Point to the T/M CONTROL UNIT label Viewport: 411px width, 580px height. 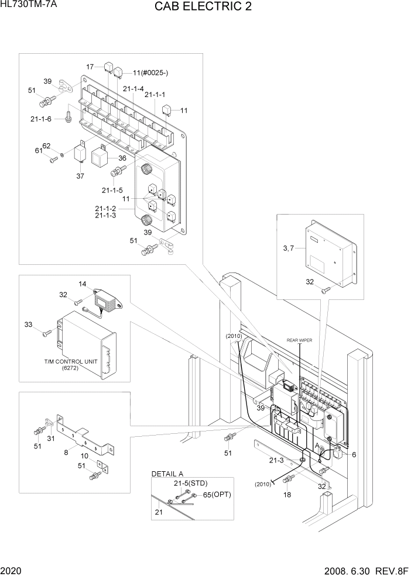pyautogui.click(x=70, y=362)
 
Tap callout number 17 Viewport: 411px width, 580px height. pyautogui.click(x=90, y=67)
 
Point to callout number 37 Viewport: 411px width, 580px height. pyautogui.click(x=81, y=175)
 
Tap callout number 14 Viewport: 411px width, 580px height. pyautogui.click(x=83, y=284)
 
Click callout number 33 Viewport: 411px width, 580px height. pyautogui.click(x=28, y=324)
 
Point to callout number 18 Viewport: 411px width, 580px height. pyautogui.click(x=287, y=495)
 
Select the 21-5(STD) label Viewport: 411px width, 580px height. pyautogui.click(x=190, y=484)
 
